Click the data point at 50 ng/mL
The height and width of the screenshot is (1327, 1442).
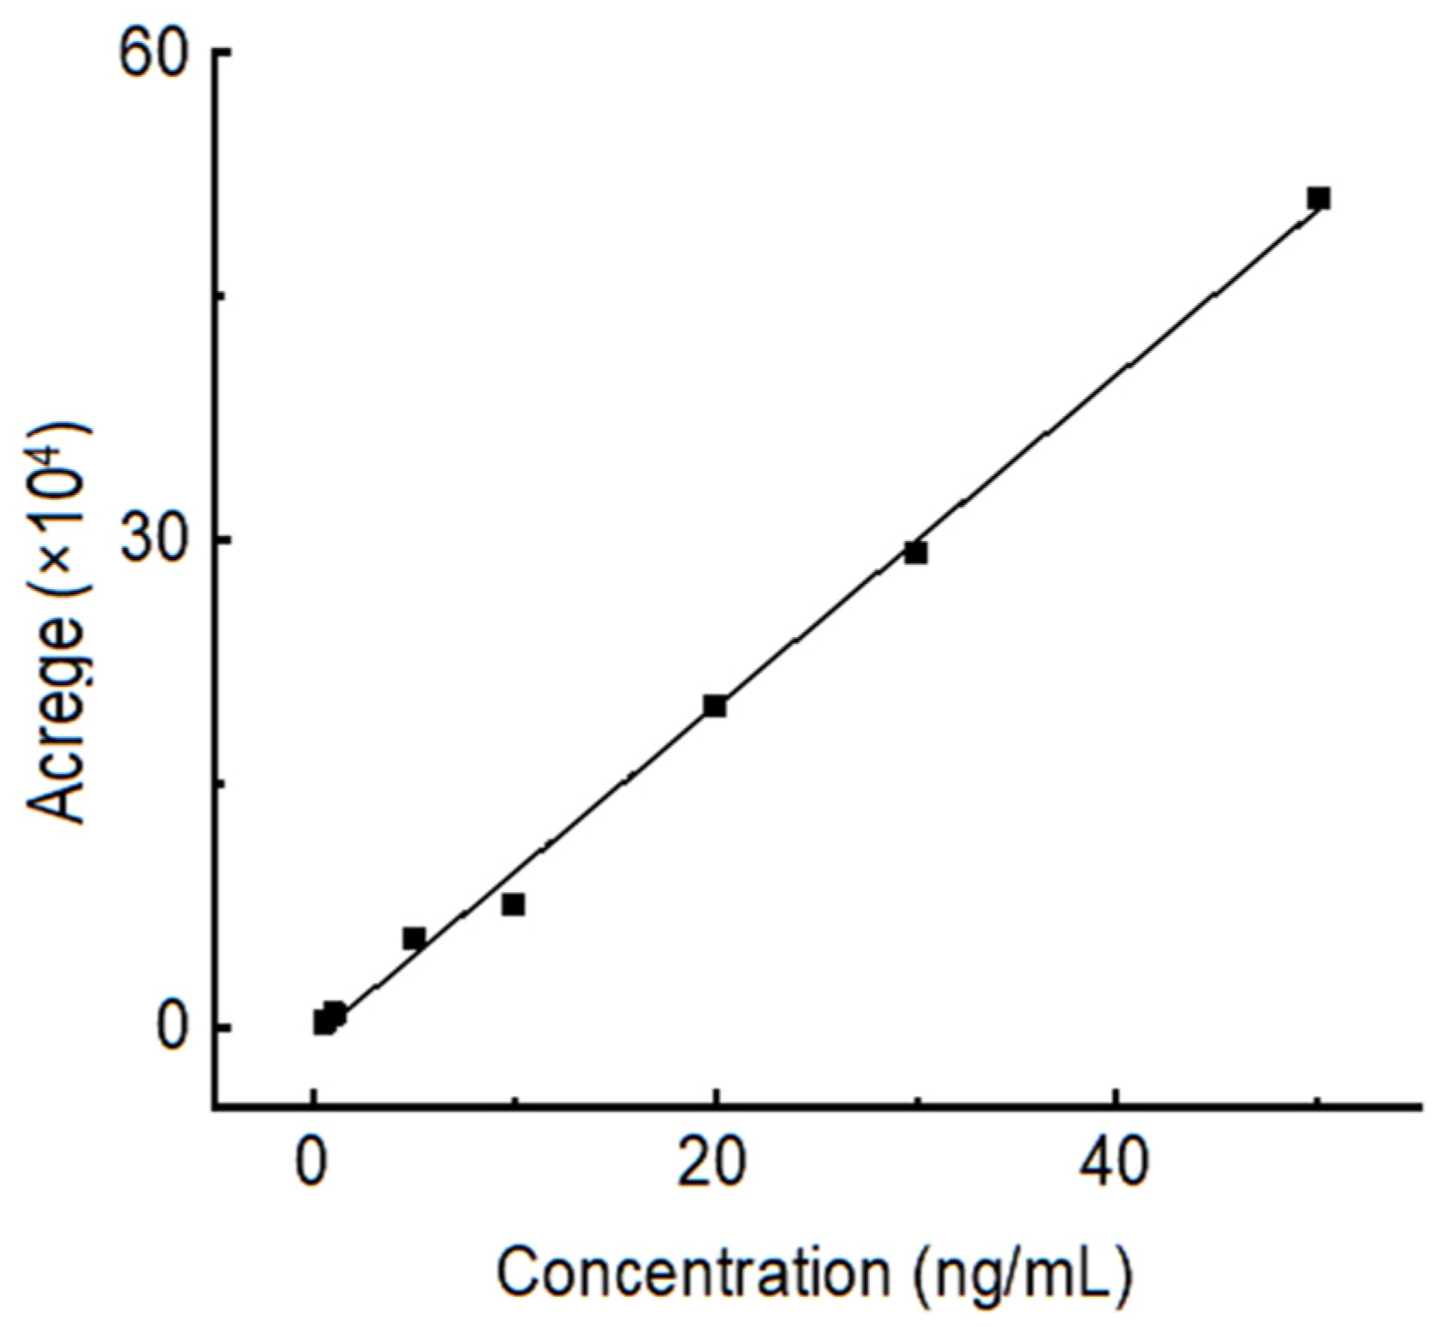pyautogui.click(x=1318, y=199)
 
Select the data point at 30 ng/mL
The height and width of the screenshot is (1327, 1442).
pyautogui.click(x=915, y=553)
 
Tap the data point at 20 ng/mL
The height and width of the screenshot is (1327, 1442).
pyautogui.click(x=714, y=706)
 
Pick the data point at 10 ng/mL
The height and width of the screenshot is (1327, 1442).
pyautogui.click(x=513, y=904)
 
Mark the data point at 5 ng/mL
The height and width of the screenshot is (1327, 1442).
pyautogui.click(x=414, y=938)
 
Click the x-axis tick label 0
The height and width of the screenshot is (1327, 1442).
pyautogui.click(x=313, y=1164)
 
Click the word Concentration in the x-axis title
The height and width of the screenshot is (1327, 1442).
pyautogui.click(x=694, y=1272)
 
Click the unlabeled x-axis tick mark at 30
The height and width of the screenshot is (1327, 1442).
pyautogui.click(x=916, y=1102)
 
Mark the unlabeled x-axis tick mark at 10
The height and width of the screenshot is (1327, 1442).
pyautogui.click(x=514, y=1102)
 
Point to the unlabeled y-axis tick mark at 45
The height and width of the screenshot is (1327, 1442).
pyautogui.click(x=220, y=295)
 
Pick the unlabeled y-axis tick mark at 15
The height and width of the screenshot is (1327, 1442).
pyautogui.click(x=220, y=783)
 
